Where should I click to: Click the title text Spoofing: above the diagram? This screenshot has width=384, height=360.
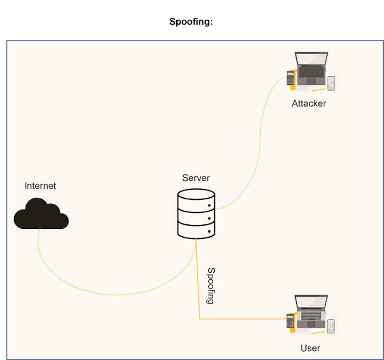191,22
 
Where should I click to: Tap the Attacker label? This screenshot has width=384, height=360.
308,104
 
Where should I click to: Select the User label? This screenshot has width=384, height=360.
310,348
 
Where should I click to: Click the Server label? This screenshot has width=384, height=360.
196,178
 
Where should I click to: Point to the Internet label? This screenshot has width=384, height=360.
40,186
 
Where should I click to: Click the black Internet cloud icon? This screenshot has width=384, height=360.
41,215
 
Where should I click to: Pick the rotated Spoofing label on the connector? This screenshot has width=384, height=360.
211,286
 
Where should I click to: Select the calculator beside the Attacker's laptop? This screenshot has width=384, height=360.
291,78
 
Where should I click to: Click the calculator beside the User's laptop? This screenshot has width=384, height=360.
290,321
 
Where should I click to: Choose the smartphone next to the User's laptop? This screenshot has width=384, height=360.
331,325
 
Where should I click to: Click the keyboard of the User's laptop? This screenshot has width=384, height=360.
311,318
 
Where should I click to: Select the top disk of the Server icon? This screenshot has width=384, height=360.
196,200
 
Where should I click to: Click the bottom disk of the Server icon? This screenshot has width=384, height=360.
196,230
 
